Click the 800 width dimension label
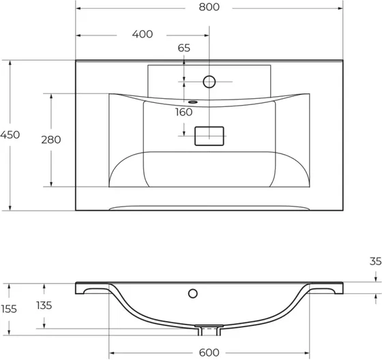[x=209, y=7]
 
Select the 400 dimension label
[x=143, y=34]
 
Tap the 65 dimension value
[x=183, y=48]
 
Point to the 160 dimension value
[x=183, y=112]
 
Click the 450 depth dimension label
[x=10, y=135]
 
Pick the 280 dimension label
[x=51, y=140]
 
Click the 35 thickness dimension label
[x=375, y=261]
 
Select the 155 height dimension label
[x=9, y=309]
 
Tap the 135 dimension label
[x=44, y=305]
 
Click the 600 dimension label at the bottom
[x=209, y=352]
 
